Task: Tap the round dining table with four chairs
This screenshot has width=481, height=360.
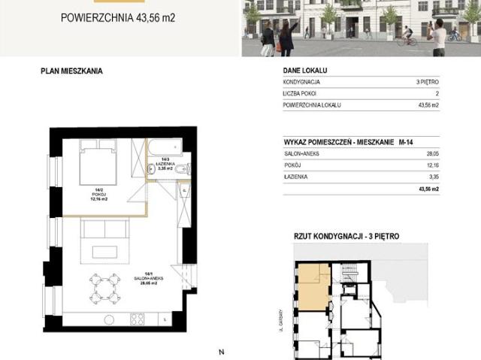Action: tap(103, 286)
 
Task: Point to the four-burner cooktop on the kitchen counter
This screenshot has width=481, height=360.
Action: tap(138, 319)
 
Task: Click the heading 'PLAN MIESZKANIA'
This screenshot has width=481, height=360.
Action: tap(71, 71)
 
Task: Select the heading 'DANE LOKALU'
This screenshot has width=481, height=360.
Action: tap(306, 71)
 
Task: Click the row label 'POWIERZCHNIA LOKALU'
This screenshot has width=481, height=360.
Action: tap(312, 105)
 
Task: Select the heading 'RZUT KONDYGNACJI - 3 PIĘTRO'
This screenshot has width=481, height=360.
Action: tap(346, 237)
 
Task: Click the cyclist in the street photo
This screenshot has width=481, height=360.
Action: tap(407, 35)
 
